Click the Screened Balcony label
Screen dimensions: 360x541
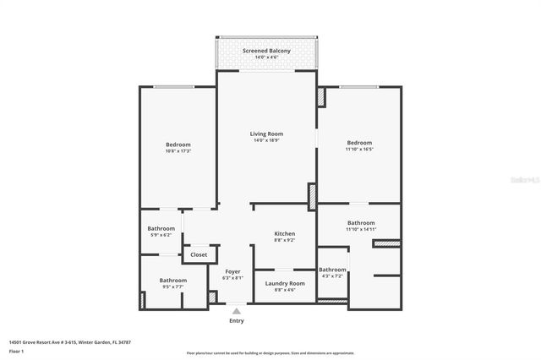[266, 51]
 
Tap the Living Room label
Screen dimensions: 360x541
[266, 134]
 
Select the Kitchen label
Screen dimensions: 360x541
[284, 233]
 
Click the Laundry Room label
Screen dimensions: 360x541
[285, 283]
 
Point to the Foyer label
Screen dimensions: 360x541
[232, 271]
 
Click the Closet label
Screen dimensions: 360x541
[199, 254]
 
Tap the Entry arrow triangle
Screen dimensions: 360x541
[237, 311]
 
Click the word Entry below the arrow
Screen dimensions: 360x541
[237, 321]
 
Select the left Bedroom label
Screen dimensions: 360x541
[178, 145]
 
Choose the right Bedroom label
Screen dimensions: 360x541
[359, 143]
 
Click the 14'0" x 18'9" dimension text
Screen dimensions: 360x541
[266, 140]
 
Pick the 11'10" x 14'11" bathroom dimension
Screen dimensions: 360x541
[360, 229]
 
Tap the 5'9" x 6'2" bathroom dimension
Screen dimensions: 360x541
[161, 235]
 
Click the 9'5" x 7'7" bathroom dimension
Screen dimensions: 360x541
[173, 286]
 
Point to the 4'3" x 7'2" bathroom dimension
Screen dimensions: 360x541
[332, 275]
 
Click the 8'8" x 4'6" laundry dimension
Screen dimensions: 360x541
[285, 290]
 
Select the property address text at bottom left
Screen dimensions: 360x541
[69, 342]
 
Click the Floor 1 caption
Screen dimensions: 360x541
[17, 350]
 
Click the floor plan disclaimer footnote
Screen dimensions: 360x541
[270, 352]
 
